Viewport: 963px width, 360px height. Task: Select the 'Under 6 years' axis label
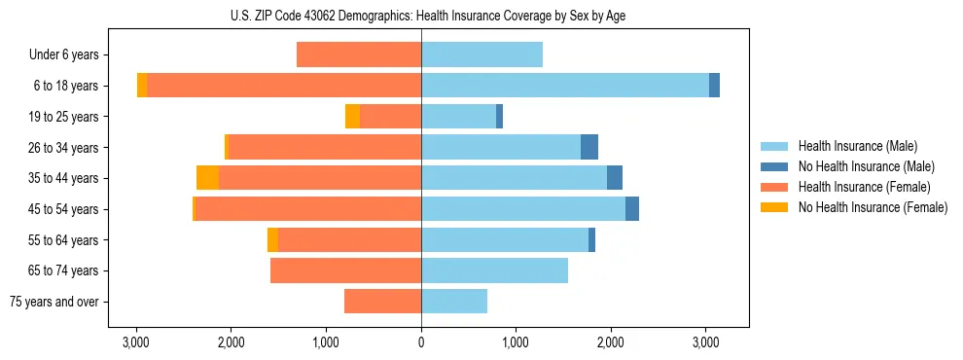70,55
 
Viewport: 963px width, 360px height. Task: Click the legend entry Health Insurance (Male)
857,146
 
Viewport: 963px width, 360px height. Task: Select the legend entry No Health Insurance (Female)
873,207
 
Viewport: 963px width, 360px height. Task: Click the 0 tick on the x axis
421,342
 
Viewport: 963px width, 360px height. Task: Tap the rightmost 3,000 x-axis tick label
706,342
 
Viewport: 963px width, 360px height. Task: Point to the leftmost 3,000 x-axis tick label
136,342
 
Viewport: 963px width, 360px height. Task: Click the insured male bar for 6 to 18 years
564,86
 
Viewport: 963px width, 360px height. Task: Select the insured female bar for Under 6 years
359,55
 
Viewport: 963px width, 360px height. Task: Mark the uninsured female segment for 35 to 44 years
207,178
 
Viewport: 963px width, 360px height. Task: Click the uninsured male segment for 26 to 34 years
589,147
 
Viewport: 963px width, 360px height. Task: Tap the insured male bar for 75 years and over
454,302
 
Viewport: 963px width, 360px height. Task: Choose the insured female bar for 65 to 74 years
345,270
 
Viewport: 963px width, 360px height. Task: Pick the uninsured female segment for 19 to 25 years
352,117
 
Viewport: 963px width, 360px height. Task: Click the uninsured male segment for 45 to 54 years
632,209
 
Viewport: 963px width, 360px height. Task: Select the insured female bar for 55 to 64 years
349,240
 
